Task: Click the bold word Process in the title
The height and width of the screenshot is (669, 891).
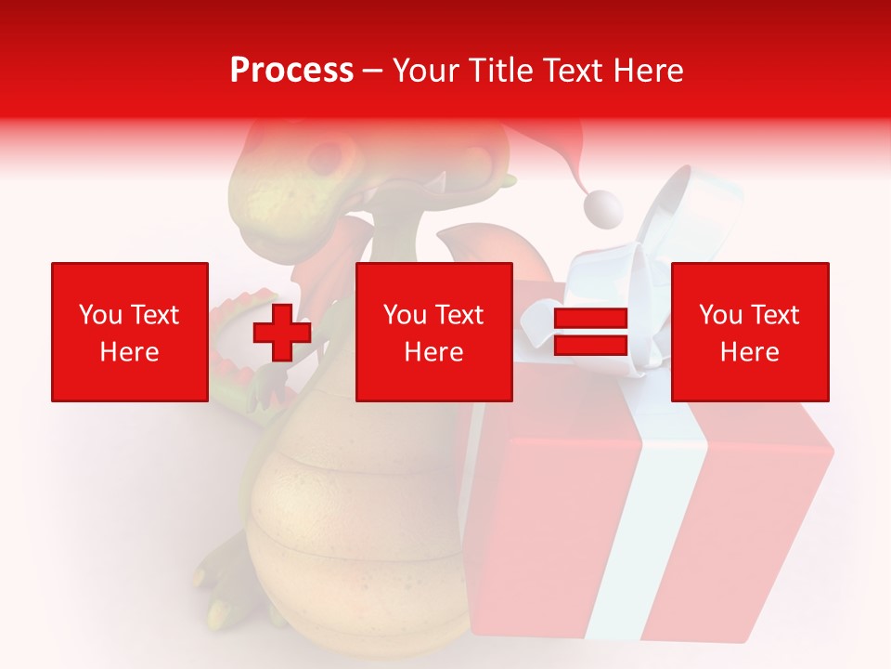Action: [x=291, y=70]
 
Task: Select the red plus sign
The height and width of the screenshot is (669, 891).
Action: [x=282, y=333]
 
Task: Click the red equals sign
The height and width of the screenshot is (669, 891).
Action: [x=591, y=333]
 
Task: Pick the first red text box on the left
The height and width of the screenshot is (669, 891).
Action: [x=130, y=332]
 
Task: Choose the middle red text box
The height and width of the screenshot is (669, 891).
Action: [x=434, y=332]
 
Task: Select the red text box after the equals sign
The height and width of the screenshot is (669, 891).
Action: [x=750, y=332]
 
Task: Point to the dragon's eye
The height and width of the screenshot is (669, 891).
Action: [x=326, y=158]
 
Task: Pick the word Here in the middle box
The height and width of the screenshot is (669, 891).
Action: [x=434, y=351]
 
